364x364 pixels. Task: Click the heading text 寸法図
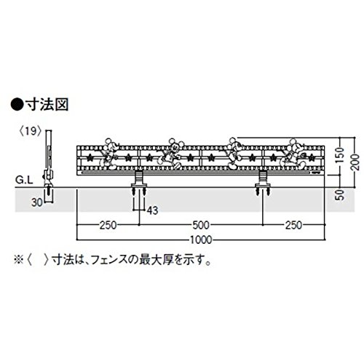pyautogui.click(x=47, y=105)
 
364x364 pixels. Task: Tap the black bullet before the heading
pyautogui.click(x=17, y=105)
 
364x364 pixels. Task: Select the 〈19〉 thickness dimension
pyautogui.click(x=31, y=132)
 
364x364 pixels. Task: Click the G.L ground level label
pyautogui.click(x=24, y=181)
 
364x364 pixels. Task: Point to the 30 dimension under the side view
pyautogui.click(x=37, y=202)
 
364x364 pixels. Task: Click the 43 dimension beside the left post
pyautogui.click(x=152, y=210)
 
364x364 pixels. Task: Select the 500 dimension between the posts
pyautogui.click(x=201, y=226)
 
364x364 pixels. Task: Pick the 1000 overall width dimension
pyautogui.click(x=201, y=240)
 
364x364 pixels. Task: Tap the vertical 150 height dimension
pyautogui.click(x=341, y=156)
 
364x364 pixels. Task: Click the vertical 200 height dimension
pyautogui.click(x=355, y=162)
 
